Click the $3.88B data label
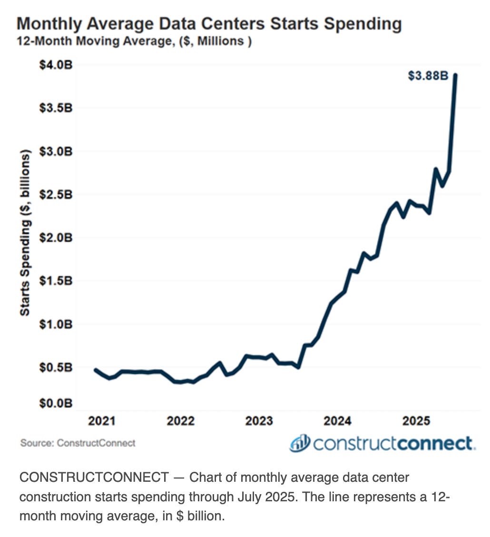click(x=428, y=76)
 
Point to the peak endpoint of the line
click(x=455, y=75)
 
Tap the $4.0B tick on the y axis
click(x=55, y=65)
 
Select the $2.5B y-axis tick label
click(x=55, y=195)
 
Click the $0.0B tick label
click(x=55, y=403)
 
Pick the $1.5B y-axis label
click(x=55, y=281)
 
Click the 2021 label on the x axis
click(x=102, y=421)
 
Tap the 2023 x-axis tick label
click(x=259, y=421)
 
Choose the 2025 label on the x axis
click(x=416, y=421)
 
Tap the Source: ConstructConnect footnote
click(x=78, y=443)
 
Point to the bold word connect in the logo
click(x=434, y=443)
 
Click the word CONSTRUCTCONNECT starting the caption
click(x=94, y=477)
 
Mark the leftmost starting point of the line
click(x=96, y=370)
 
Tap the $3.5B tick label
click(x=55, y=108)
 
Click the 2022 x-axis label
click(x=180, y=421)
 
